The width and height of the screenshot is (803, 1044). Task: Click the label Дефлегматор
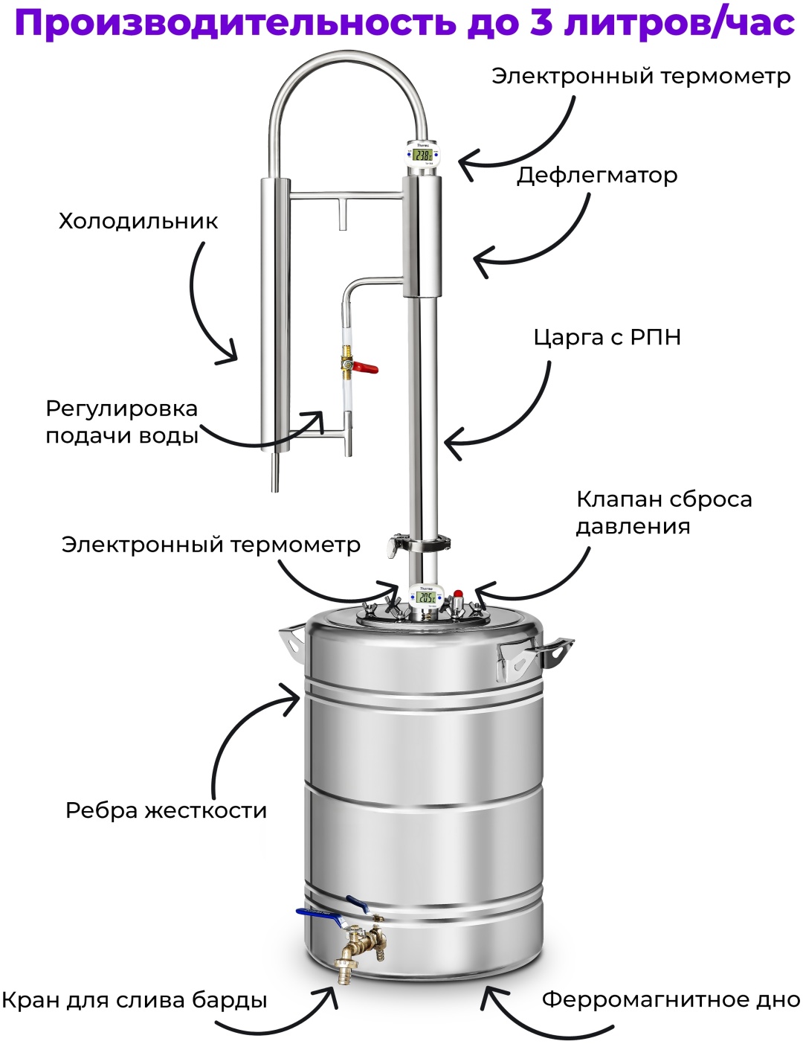tap(596, 176)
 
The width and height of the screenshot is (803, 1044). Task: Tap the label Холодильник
tap(138, 222)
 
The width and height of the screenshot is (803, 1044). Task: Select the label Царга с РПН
tap(607, 338)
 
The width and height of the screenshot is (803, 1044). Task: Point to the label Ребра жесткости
tap(166, 810)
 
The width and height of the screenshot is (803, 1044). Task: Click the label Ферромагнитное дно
tap(671, 1000)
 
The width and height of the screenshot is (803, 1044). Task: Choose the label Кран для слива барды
tap(135, 1001)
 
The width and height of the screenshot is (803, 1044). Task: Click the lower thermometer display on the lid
tap(425, 598)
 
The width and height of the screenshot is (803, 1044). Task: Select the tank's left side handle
tap(291, 640)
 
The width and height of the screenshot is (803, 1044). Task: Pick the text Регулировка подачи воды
tap(122, 423)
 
